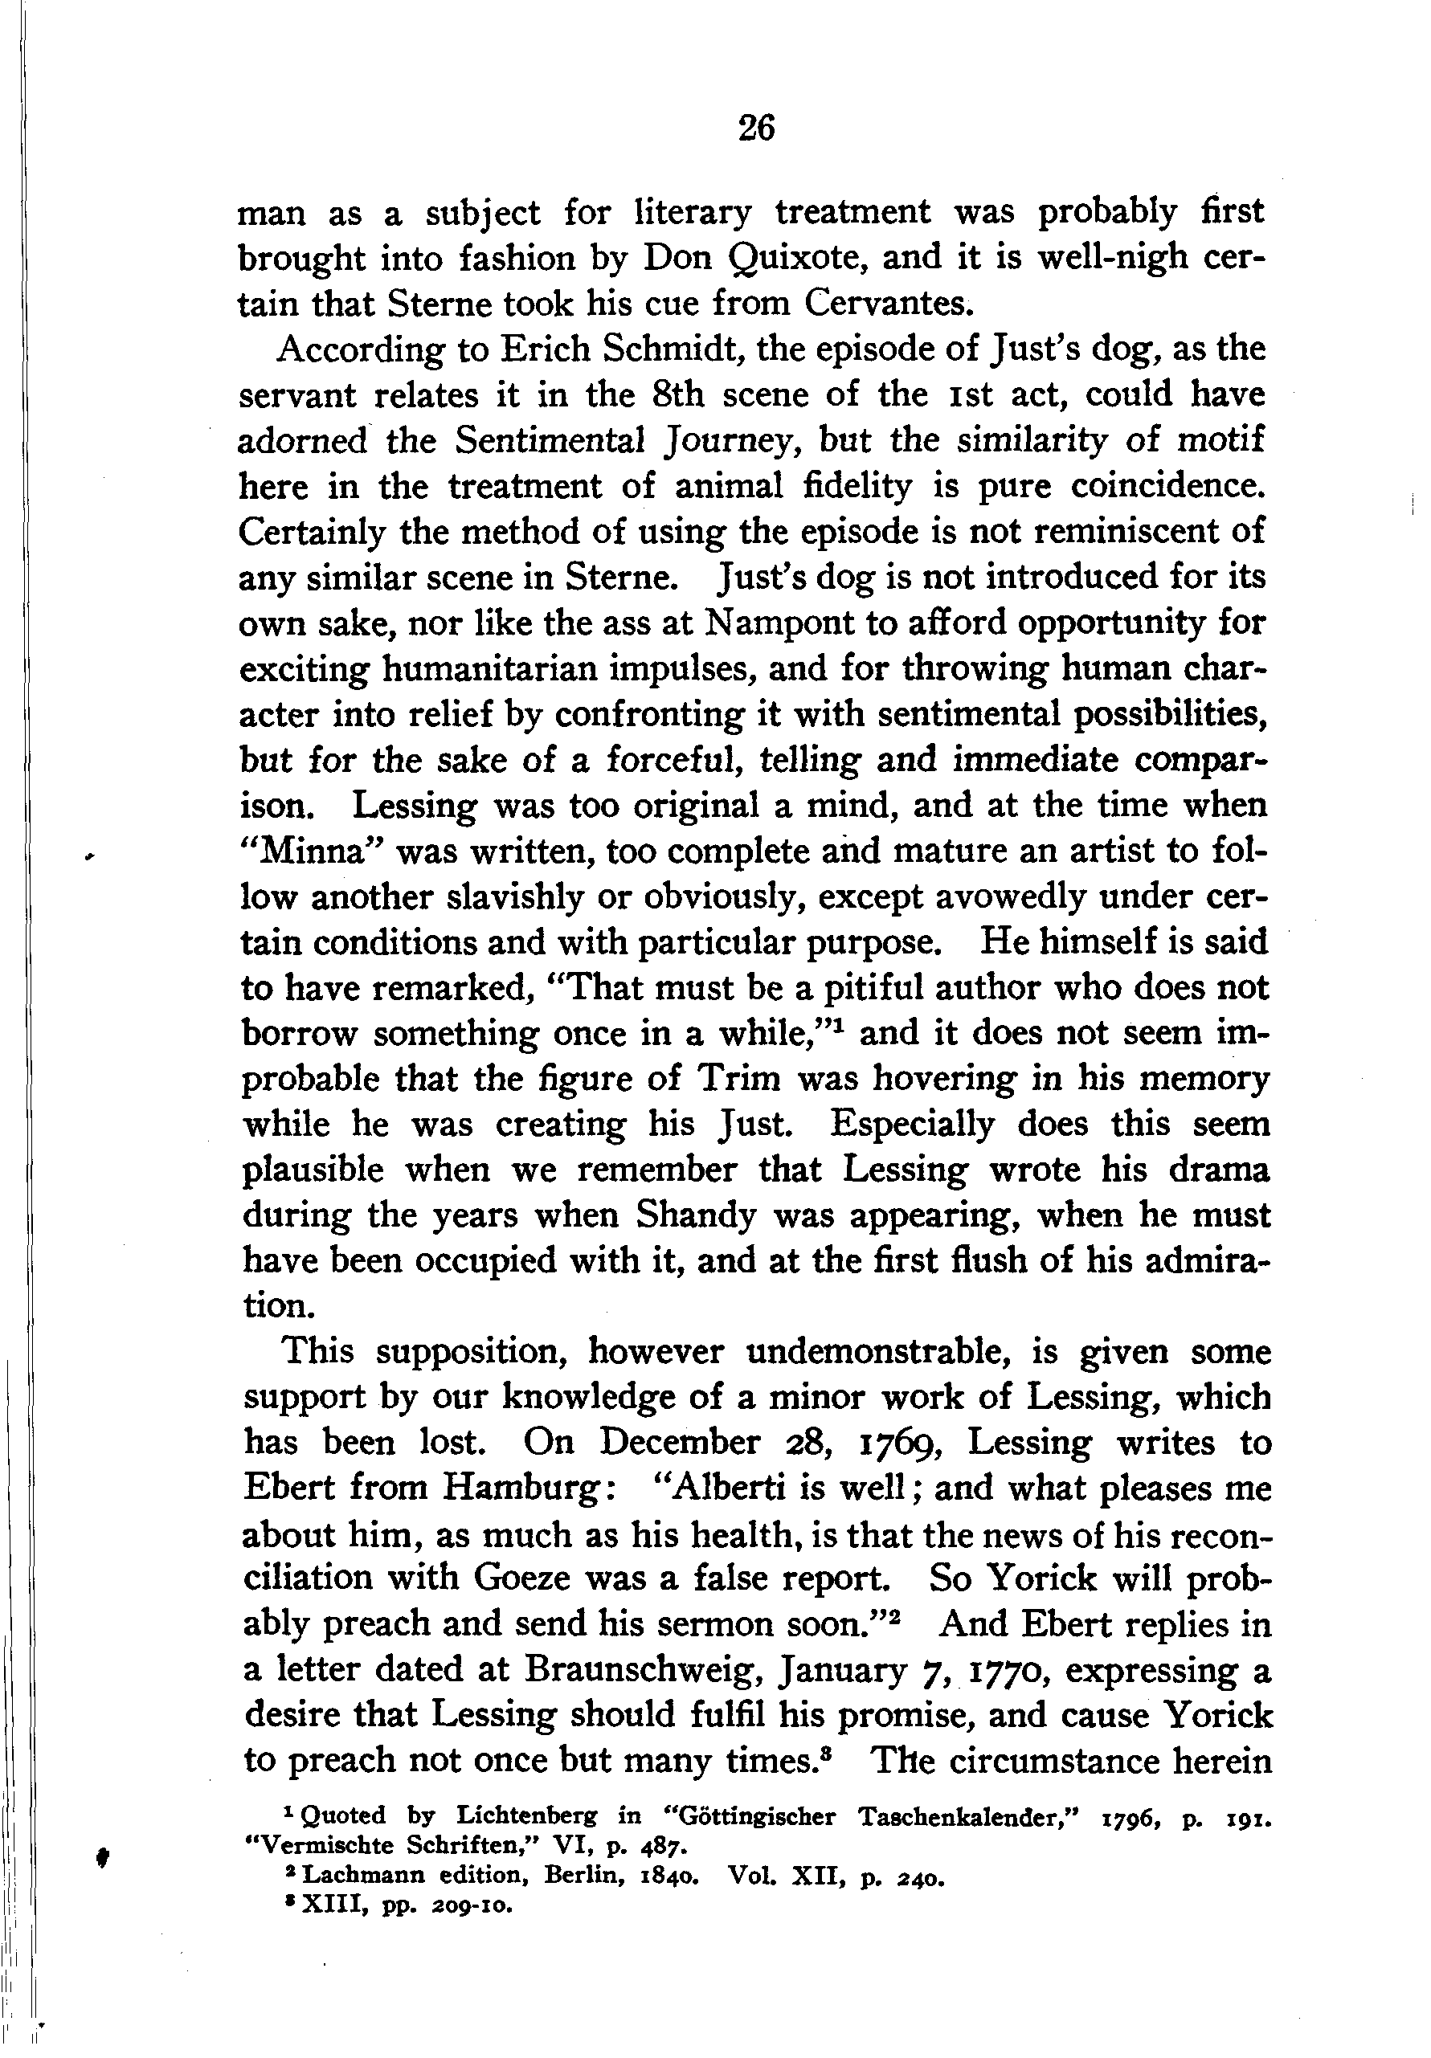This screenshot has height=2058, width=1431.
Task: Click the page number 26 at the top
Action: (756, 129)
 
